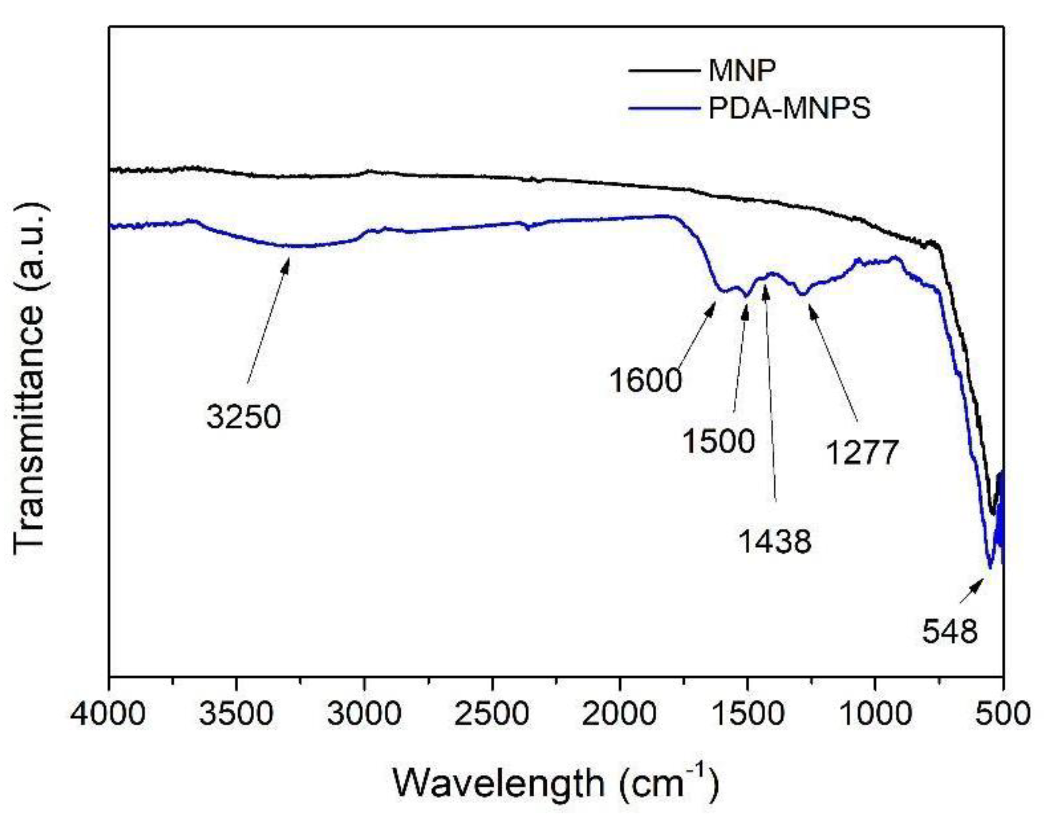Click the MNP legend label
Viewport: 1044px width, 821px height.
click(742, 70)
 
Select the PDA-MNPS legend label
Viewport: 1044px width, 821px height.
click(789, 107)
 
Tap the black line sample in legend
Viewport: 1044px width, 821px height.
click(663, 71)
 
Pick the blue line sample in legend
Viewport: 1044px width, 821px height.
click(663, 108)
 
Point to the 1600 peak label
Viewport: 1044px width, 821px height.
click(645, 380)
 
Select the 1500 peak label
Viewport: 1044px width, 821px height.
click(718, 441)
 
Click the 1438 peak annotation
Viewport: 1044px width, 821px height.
click(774, 541)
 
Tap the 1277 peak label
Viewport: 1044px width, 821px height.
click(862, 453)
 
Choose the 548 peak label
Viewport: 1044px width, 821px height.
click(949, 631)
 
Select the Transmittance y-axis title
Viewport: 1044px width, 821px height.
click(30, 377)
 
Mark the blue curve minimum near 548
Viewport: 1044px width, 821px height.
click(989, 567)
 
